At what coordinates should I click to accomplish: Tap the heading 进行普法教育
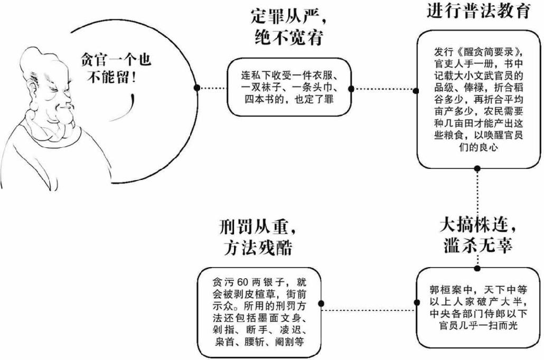478,11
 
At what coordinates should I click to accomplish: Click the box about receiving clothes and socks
289,88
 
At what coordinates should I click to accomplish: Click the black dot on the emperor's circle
196,88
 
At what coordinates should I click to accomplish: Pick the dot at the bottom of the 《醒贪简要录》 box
477,169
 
